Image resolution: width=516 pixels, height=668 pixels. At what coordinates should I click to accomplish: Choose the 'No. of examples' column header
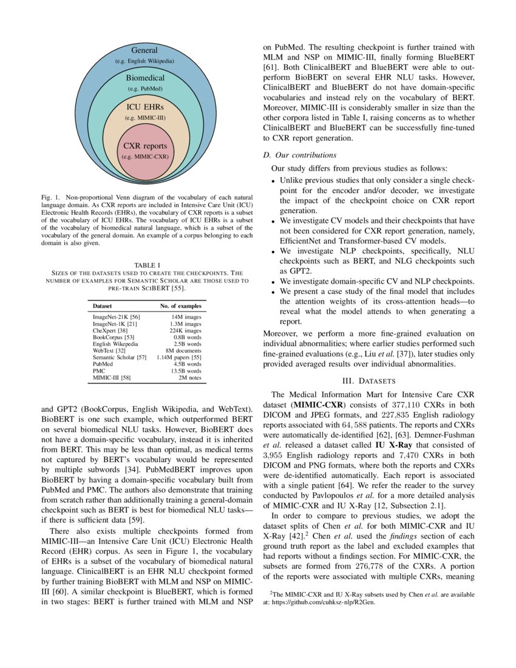(x=180, y=305)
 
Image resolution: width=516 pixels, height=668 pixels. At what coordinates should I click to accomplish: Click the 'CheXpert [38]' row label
(x=109, y=330)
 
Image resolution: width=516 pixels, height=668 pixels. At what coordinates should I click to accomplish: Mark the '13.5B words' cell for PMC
(x=186, y=370)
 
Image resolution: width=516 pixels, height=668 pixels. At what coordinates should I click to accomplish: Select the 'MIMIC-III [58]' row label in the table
(x=112, y=377)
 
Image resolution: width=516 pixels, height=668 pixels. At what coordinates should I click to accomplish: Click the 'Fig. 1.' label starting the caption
(x=51, y=198)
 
